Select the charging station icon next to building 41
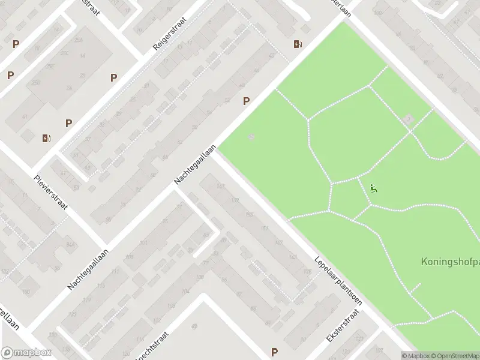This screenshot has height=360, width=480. pos(47,138)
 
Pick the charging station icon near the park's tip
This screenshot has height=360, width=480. pos(298,44)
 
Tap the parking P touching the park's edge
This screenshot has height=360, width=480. pos(246,101)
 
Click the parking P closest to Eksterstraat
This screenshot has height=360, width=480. pos(275,352)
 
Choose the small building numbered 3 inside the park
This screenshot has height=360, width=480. pos(409,119)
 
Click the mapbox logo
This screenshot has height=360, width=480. pos(27,353)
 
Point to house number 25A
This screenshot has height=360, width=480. pos(78,40)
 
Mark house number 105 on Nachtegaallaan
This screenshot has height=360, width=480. pos(129,257)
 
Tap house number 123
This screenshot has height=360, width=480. pos(73,314)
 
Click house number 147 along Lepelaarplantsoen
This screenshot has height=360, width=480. pos(278,242)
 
